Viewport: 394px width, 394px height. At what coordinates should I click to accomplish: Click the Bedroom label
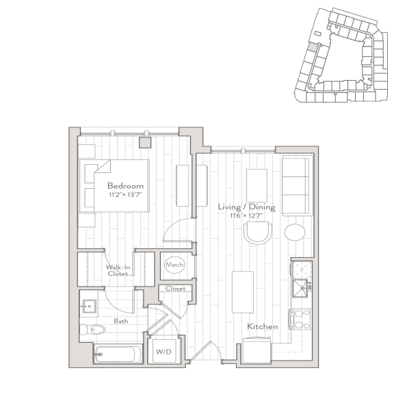point(125,185)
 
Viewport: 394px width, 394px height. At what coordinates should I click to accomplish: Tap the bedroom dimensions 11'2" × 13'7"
point(125,194)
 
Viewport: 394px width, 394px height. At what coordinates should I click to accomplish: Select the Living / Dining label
point(246,207)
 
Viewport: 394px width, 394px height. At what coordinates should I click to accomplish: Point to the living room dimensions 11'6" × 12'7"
point(246,216)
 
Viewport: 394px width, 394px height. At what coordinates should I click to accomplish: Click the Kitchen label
point(263,327)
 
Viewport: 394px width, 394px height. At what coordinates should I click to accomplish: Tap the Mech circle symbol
point(174,265)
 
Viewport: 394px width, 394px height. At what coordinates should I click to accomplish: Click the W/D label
point(164,352)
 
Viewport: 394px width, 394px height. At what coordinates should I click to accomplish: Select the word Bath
point(120,320)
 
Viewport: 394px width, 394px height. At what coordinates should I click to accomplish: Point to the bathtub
point(118,355)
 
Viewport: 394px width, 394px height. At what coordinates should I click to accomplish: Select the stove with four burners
point(300,318)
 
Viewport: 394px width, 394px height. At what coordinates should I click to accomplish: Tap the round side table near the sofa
point(295,232)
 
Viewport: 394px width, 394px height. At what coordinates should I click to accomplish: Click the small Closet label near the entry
point(175,289)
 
